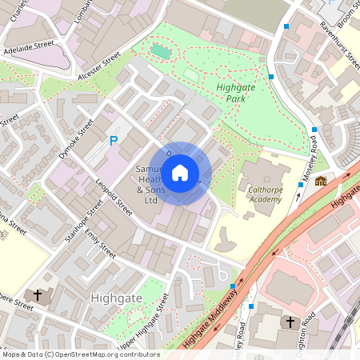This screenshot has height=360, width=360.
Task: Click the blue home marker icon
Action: coord(180,172)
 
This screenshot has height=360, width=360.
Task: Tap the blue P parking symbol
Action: coord(114,141)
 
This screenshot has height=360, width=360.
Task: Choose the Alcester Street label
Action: coord(99,66)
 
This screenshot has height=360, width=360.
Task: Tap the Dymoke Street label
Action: coord(75,140)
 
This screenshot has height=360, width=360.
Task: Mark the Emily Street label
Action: coord(100,244)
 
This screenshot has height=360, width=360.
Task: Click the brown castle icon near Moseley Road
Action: coord(320,181)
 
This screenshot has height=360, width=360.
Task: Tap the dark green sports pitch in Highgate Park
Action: coord(162,52)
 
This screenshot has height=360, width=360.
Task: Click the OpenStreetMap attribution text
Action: coord(81,354)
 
